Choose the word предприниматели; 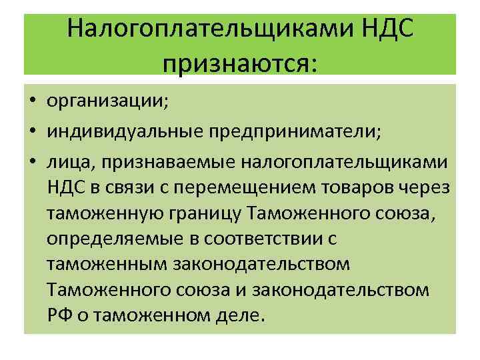pyautogui.click(x=293, y=132)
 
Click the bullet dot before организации pyautogui.click(x=32, y=102)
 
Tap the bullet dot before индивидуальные pyautogui.click(x=32, y=132)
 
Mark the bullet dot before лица pyautogui.click(x=32, y=162)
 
